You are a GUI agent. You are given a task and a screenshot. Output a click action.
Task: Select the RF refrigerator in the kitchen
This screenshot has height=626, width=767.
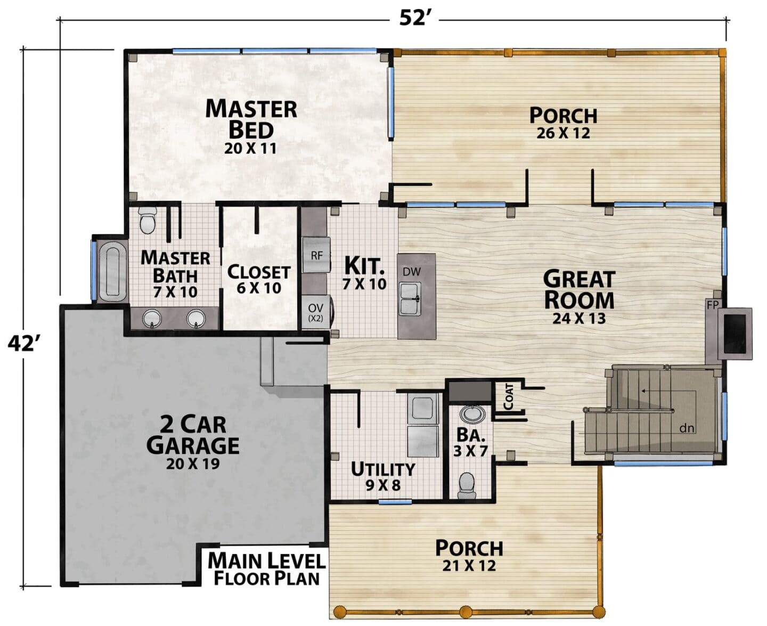click(x=316, y=255)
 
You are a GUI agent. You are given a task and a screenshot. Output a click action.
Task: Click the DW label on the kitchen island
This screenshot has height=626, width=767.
click(x=412, y=271)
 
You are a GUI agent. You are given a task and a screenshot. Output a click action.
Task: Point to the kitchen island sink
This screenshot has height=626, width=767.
click(x=411, y=299)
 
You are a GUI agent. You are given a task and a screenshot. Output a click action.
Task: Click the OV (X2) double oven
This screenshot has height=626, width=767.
click(x=315, y=313)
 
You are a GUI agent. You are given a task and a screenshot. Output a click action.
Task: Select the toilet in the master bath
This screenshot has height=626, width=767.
click(x=147, y=221)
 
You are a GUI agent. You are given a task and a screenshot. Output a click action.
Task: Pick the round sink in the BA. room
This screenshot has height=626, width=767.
click(x=472, y=414)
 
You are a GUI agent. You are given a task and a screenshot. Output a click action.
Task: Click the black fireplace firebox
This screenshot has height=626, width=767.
click(x=735, y=334)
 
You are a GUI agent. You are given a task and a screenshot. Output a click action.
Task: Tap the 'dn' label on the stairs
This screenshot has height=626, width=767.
click(x=687, y=428)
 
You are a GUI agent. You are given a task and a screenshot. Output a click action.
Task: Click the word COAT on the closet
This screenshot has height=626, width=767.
click(x=509, y=396)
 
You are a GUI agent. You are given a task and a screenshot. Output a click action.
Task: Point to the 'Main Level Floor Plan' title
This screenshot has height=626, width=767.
click(x=266, y=569)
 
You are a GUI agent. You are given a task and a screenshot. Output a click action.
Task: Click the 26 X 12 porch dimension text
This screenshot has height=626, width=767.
click(x=563, y=133)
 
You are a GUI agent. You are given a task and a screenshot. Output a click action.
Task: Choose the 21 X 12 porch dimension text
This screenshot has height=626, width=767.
click(x=469, y=566)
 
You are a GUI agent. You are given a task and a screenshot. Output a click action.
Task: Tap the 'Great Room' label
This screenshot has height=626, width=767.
click(x=579, y=289)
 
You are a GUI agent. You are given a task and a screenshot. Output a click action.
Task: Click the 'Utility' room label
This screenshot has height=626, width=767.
click(x=382, y=469)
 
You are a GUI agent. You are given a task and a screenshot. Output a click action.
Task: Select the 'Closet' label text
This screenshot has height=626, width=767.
click(x=258, y=272)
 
